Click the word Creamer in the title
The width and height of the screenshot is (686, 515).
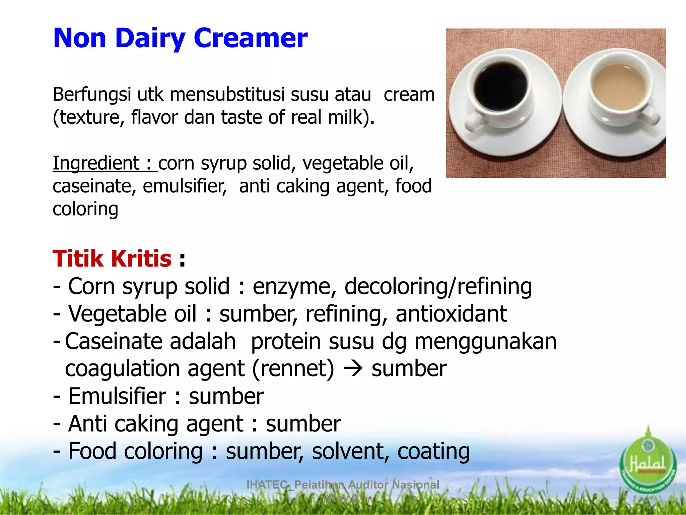(x=250, y=38)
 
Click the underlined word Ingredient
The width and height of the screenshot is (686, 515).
(x=96, y=163)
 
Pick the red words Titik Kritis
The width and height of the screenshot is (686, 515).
(x=112, y=259)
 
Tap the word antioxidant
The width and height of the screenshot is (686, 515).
(x=451, y=314)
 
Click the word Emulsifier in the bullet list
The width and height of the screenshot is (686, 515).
(x=117, y=396)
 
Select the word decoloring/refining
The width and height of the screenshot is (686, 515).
(x=438, y=287)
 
